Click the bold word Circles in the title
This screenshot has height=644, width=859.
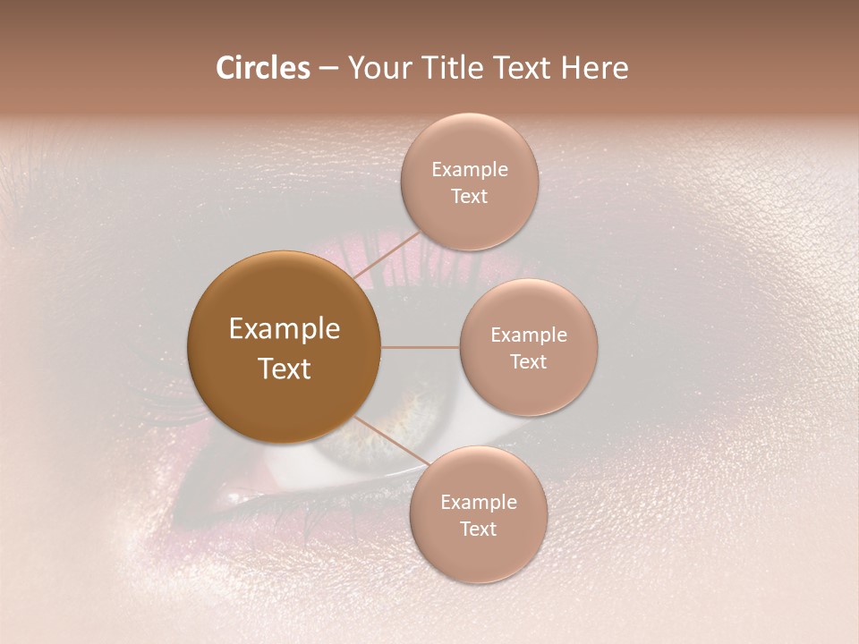[x=262, y=68]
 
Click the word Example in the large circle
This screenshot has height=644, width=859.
[x=285, y=329]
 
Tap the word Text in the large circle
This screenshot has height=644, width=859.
[x=285, y=369]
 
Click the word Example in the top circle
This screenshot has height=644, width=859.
[x=470, y=170]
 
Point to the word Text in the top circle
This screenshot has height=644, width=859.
[x=470, y=197]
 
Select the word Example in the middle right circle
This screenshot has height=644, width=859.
[x=529, y=335]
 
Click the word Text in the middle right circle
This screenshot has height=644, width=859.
[x=529, y=362]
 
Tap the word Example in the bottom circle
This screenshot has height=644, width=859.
[x=479, y=503]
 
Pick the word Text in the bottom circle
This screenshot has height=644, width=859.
[x=479, y=530]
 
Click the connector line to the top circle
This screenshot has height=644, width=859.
[x=387, y=258]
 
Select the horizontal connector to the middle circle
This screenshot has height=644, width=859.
[x=420, y=347]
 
